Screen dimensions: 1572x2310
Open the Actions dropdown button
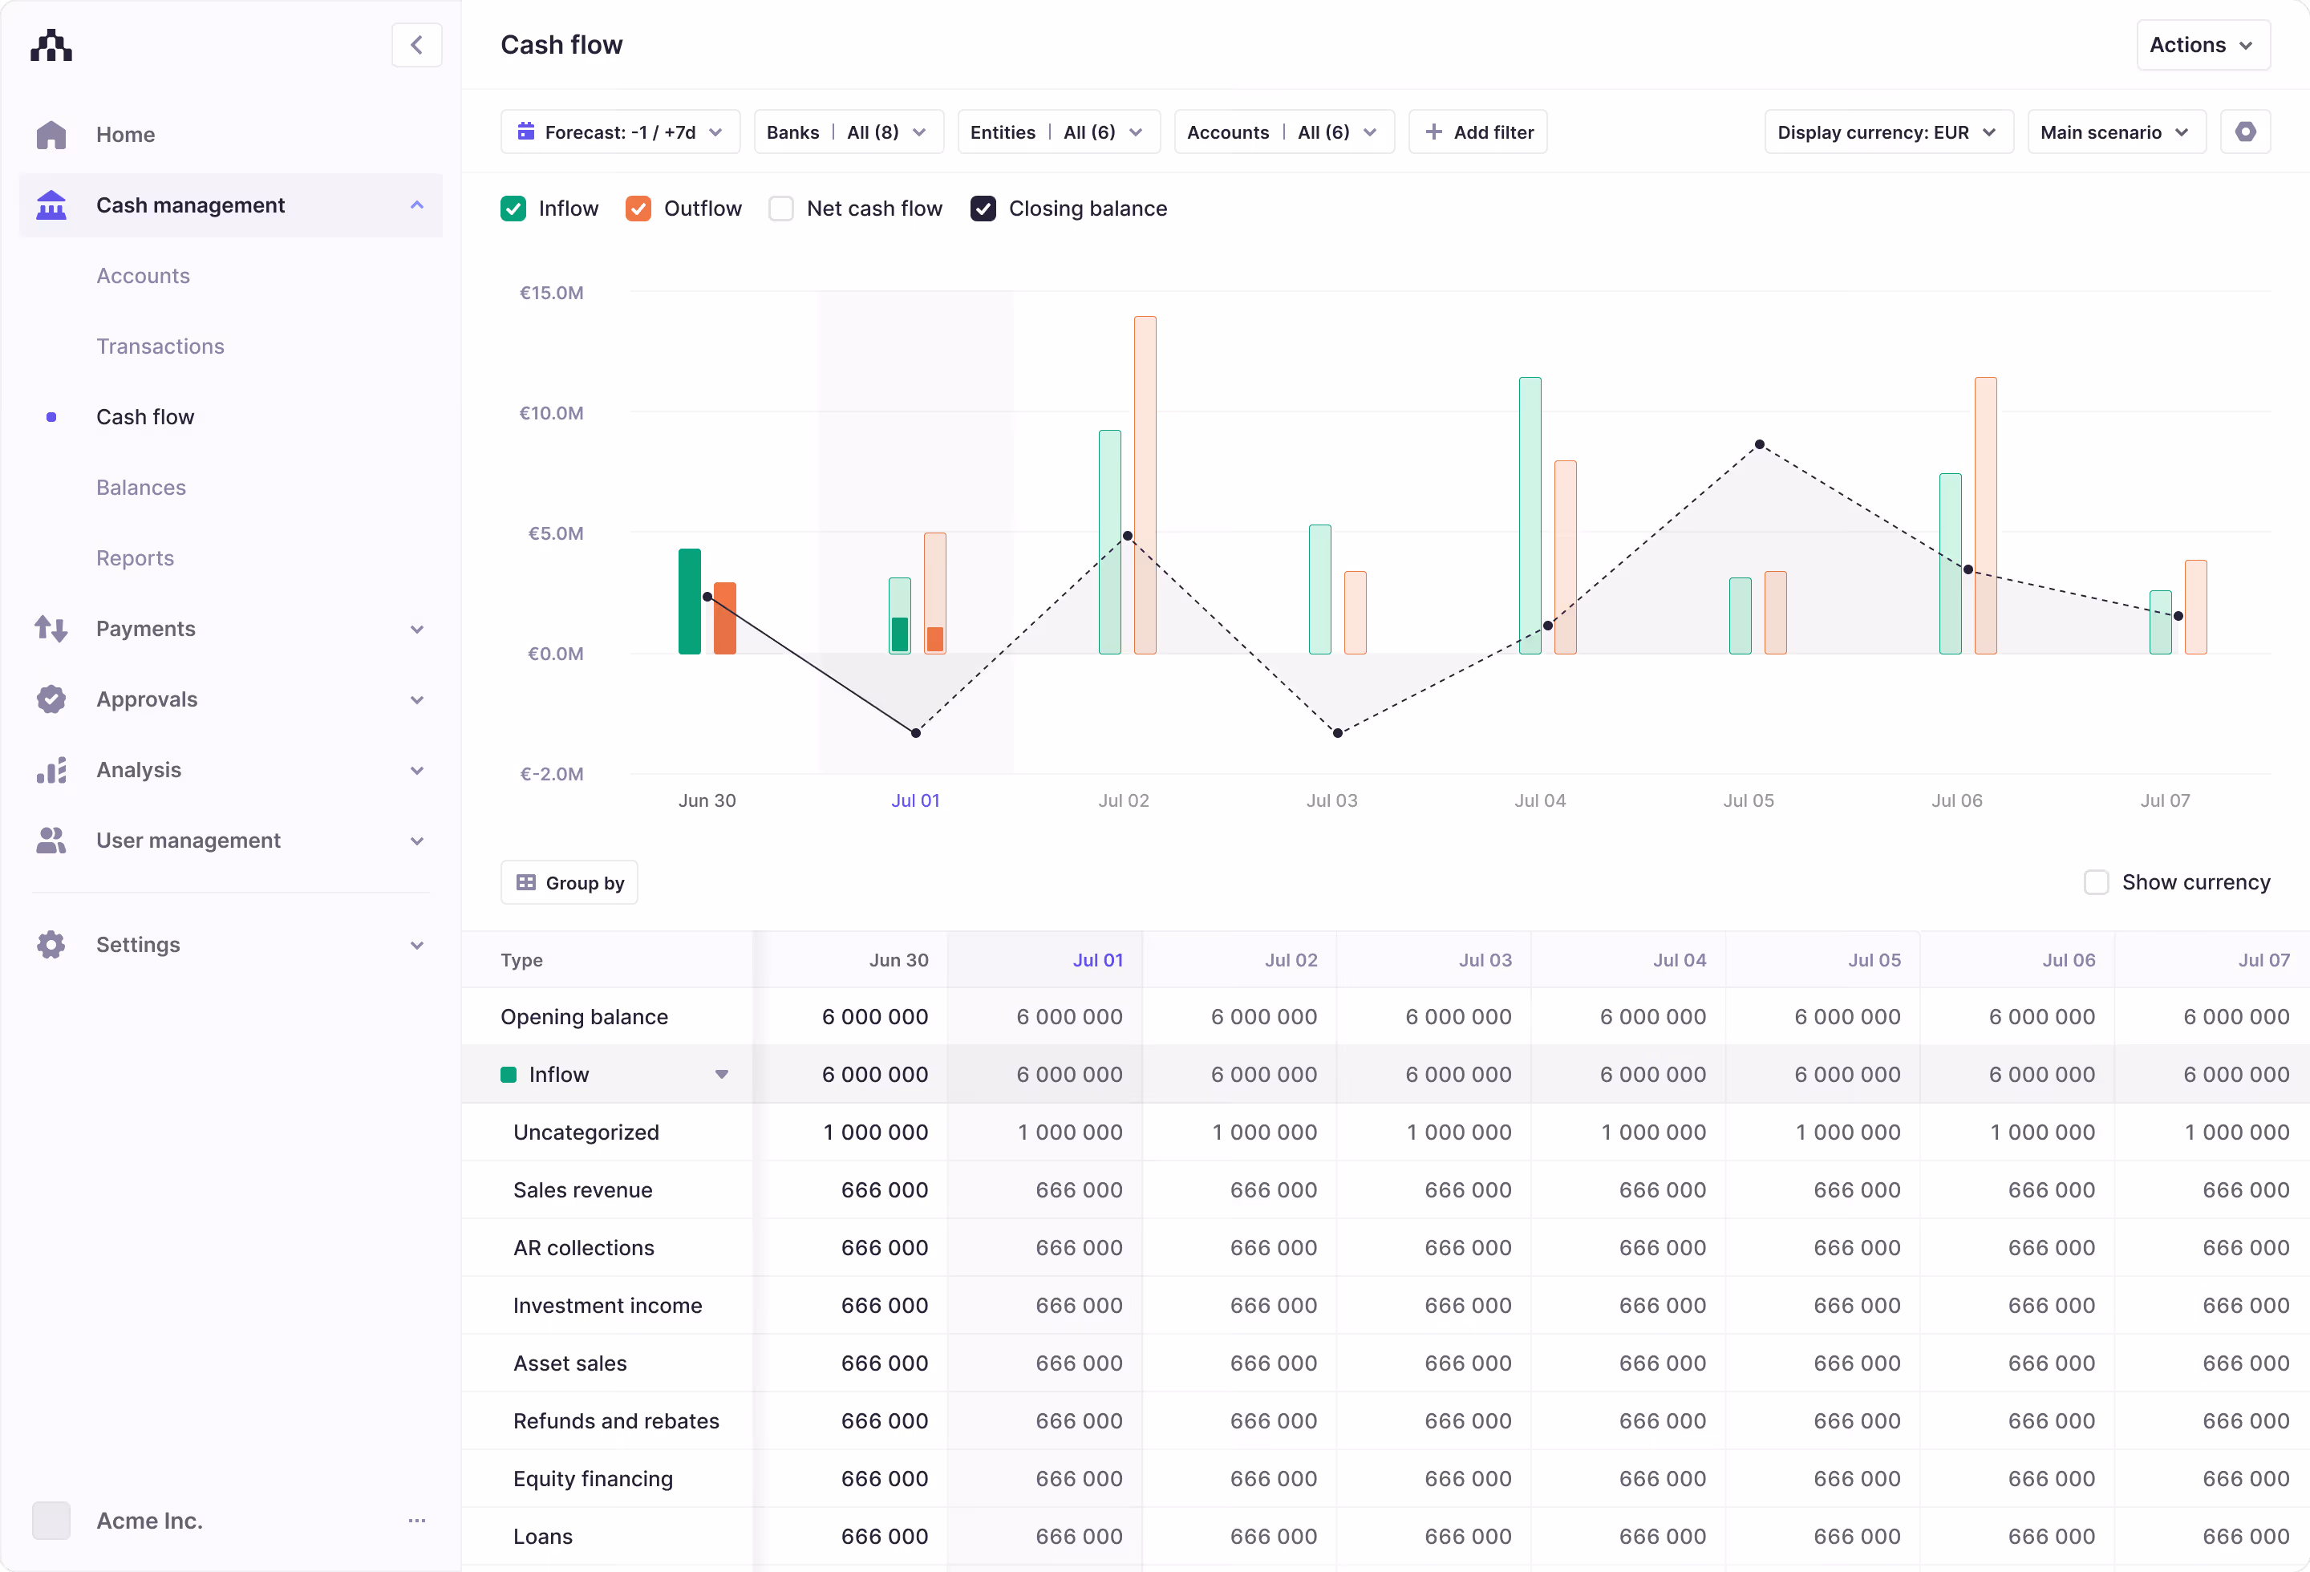pyautogui.click(x=2202, y=45)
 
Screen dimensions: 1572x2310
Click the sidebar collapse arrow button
pyautogui.click(x=416, y=45)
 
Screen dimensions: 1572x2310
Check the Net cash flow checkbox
pyautogui.click(x=781, y=209)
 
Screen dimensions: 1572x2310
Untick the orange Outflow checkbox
pyautogui.click(x=638, y=209)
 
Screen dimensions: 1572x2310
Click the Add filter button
pyautogui.click(x=1477, y=132)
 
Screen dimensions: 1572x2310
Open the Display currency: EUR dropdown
pyautogui.click(x=1886, y=132)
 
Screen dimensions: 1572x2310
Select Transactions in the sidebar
pyautogui.click(x=160, y=346)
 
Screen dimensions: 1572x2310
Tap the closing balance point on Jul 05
pyautogui.click(x=1759, y=444)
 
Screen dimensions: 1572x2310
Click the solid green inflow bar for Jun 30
pyautogui.click(x=689, y=602)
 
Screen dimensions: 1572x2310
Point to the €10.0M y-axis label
pyautogui.click(x=552, y=412)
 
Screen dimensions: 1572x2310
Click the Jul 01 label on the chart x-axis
pyautogui.click(x=914, y=800)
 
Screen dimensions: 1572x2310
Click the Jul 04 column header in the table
pyautogui.click(x=1679, y=960)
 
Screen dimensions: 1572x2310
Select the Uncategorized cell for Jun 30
pyautogui.click(x=875, y=1132)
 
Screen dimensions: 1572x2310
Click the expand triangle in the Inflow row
pyautogui.click(x=722, y=1074)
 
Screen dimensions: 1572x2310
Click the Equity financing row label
pyautogui.click(x=593, y=1479)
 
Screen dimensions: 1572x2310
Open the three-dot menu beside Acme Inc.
pyautogui.click(x=416, y=1521)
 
